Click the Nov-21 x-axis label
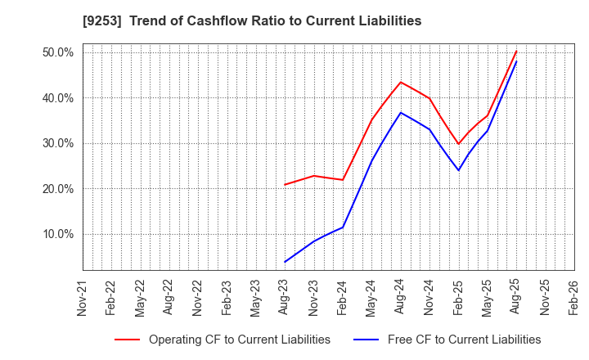click(83, 297)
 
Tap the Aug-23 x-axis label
click(285, 297)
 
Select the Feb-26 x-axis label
click(573, 297)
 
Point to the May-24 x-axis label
click(371, 297)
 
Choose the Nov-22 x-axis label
click(198, 297)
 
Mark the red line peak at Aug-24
click(401, 82)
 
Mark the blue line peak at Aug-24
click(401, 112)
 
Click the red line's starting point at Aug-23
click(285, 184)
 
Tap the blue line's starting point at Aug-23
click(285, 262)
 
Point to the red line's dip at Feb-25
click(458, 144)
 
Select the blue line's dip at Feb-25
click(458, 170)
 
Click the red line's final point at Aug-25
click(516, 52)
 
